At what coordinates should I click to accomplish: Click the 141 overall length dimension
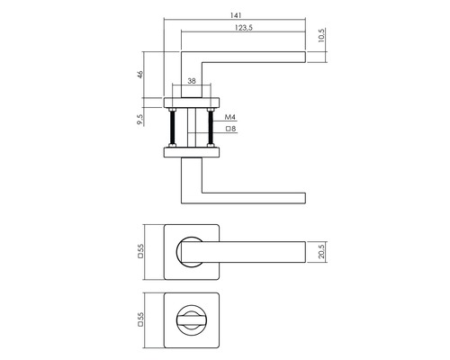(236, 15)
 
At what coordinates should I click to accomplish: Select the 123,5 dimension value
(244, 28)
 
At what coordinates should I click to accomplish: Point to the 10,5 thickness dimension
(321, 35)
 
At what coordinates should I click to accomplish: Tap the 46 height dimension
(140, 75)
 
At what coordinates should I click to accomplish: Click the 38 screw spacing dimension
(192, 81)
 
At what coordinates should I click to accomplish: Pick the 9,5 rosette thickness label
(140, 119)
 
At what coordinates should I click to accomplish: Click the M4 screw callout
(230, 117)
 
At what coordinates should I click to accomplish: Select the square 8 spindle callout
(230, 129)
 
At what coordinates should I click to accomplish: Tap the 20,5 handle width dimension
(321, 252)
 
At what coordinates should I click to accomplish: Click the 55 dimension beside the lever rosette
(140, 251)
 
